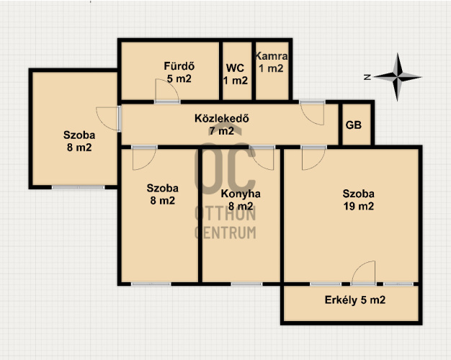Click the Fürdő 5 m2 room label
(x=179, y=72)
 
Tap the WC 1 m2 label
(x=236, y=74)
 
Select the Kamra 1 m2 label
(x=271, y=62)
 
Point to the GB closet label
(x=354, y=125)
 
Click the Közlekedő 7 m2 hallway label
(x=221, y=125)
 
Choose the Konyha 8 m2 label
(x=241, y=200)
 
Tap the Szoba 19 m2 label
(x=359, y=200)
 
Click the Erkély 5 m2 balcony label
(x=355, y=300)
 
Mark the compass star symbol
(x=398, y=77)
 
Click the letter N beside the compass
(x=367, y=77)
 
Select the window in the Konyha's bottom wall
(x=246, y=284)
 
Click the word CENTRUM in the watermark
(x=225, y=233)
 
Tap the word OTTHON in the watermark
(x=225, y=214)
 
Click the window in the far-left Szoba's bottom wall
(x=79, y=187)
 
